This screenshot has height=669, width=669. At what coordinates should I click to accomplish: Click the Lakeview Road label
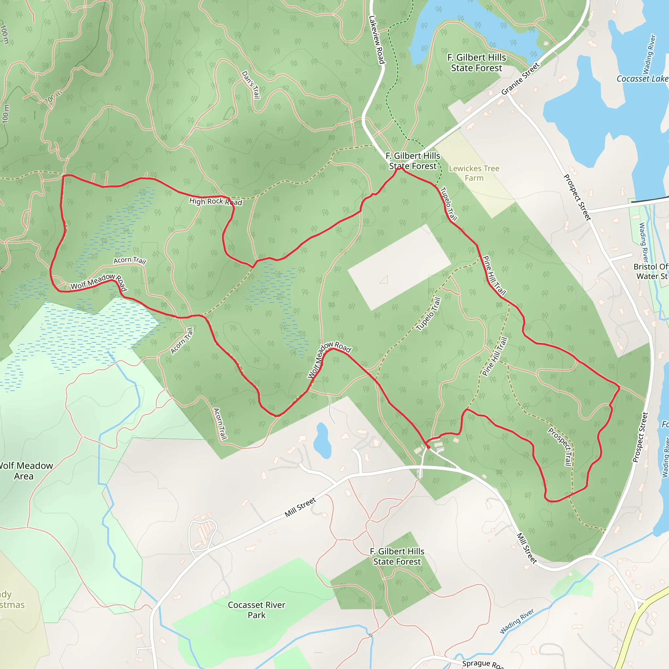(377, 40)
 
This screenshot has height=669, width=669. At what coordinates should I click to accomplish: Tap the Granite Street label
(520, 79)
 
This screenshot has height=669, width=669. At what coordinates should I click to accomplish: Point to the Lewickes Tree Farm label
(474, 173)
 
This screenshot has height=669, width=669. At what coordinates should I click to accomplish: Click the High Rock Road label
(215, 201)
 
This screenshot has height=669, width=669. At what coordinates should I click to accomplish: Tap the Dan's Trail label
(251, 85)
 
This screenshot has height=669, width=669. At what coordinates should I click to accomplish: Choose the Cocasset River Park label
(256, 610)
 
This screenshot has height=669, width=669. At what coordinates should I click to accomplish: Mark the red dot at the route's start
(428, 447)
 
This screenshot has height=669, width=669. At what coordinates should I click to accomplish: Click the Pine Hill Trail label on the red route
(495, 275)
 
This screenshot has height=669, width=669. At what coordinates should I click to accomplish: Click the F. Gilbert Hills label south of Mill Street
(397, 556)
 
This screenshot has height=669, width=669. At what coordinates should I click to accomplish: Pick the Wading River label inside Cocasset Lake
(649, 54)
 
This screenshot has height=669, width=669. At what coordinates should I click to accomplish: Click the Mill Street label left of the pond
(300, 507)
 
